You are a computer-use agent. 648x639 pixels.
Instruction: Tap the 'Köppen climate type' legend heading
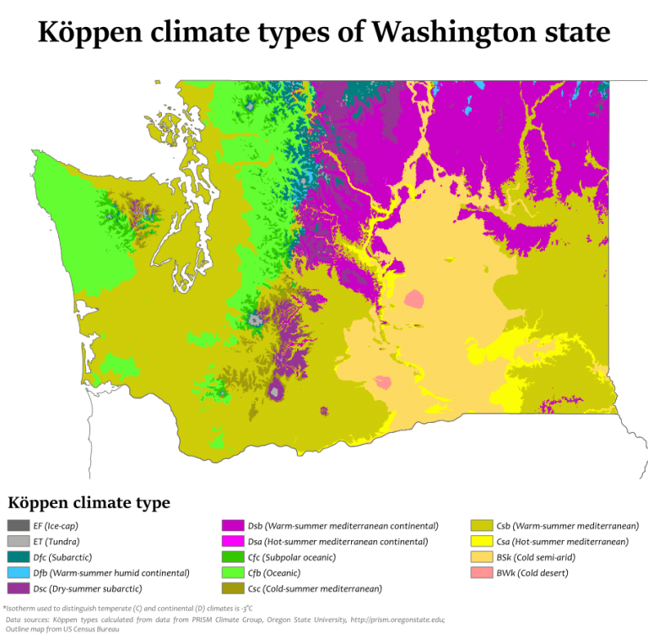click(89, 503)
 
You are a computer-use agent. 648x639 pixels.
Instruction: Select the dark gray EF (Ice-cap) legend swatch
click(19, 526)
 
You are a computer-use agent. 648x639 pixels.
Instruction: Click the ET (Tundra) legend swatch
click(19, 542)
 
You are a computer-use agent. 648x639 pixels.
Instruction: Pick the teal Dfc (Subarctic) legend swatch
click(19, 557)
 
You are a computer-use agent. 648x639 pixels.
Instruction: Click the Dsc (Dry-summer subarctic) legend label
click(88, 588)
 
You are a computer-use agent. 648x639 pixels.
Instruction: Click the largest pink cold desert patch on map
click(413, 300)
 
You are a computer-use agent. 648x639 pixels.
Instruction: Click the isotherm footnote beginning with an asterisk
click(127, 608)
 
